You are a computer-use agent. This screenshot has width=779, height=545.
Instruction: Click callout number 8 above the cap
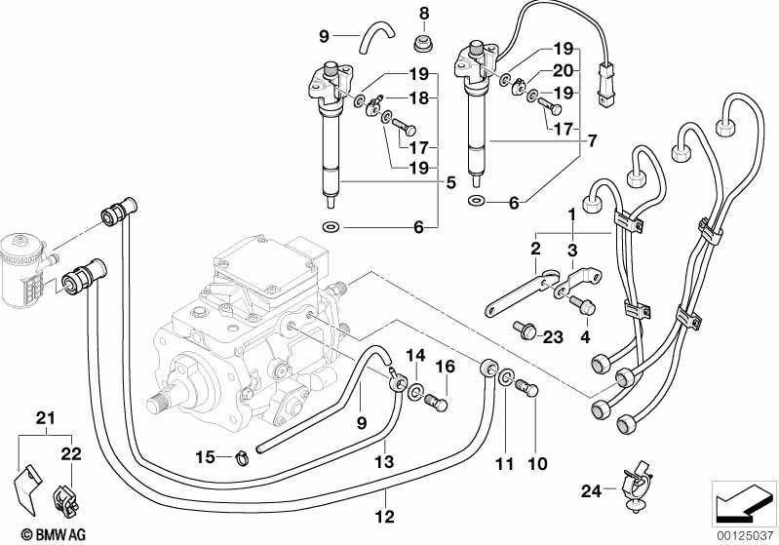(424, 13)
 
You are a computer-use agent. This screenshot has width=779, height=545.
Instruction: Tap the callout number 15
(204, 456)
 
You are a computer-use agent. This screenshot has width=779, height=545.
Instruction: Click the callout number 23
(554, 337)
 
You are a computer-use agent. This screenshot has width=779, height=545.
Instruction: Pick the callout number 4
(585, 337)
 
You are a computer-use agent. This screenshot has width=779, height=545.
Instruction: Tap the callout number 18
(418, 97)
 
